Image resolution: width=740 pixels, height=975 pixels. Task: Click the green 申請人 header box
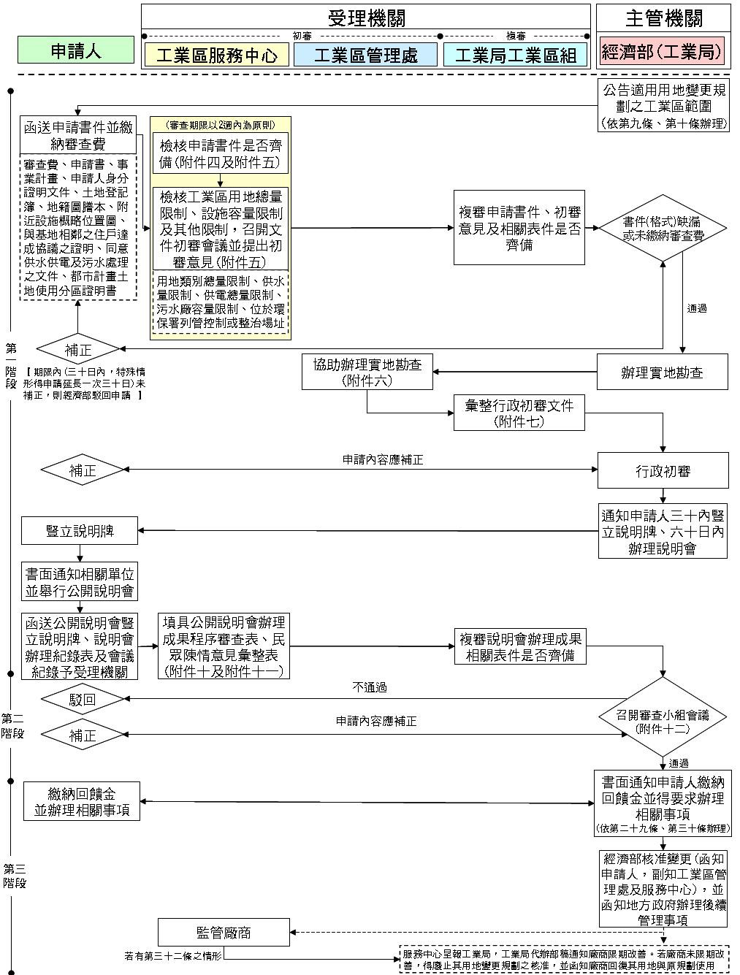pos(76,50)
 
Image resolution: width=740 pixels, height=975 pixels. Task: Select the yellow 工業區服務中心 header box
pos(217,55)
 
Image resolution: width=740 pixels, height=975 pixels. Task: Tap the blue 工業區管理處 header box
pos(365,55)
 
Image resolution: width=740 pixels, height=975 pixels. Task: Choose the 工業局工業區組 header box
pos(515,55)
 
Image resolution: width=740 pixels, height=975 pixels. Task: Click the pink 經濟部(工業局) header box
pos(662,52)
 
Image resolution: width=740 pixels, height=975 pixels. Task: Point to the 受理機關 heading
pos(365,18)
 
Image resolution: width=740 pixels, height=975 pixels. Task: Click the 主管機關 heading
pos(663,18)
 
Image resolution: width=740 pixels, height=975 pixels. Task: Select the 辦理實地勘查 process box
pos(663,372)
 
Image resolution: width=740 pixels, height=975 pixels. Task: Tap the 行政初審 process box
pos(663,471)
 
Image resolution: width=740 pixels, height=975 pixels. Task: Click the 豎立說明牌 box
pos(79,530)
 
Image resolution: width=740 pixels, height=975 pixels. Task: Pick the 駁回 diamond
pos(83,700)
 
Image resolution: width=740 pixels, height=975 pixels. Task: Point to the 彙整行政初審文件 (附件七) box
pos(519,413)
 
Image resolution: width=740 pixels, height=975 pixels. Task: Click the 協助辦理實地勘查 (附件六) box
pos(367,372)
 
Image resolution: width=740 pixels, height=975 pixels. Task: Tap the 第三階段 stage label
pos(15,875)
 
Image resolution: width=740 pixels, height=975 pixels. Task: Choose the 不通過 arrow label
pos(369,687)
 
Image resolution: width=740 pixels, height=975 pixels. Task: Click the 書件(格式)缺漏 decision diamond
pos(663,229)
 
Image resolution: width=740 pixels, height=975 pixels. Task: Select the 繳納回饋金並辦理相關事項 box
pos(82,801)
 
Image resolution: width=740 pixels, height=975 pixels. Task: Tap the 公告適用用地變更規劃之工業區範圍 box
pos(663,106)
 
